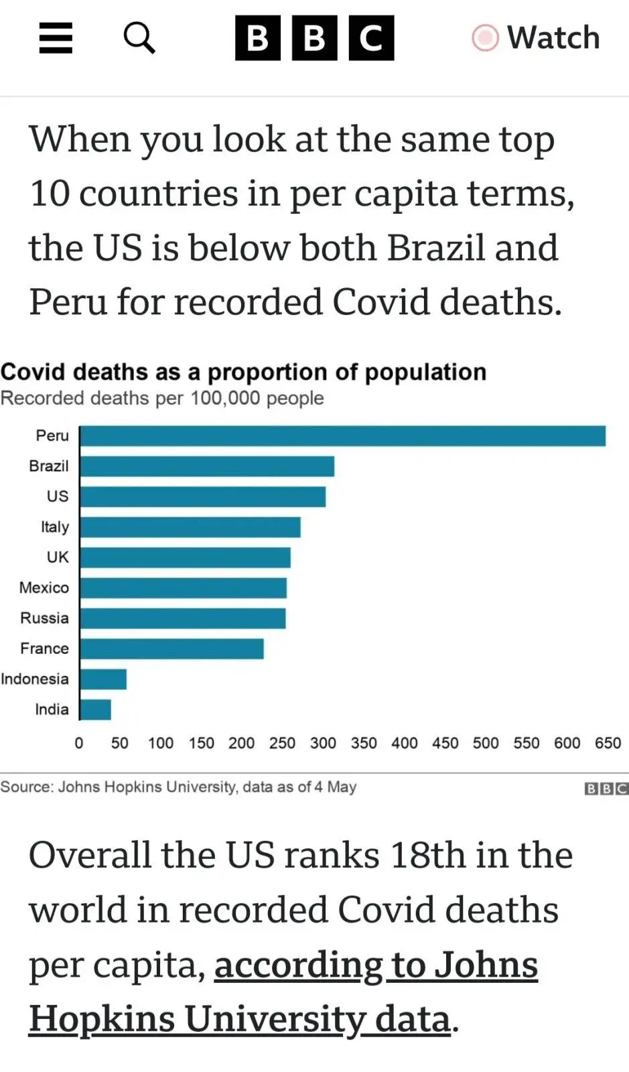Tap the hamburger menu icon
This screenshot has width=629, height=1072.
pyautogui.click(x=56, y=38)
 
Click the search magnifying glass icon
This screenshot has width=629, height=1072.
pyautogui.click(x=139, y=38)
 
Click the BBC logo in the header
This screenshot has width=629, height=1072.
pyautogui.click(x=314, y=38)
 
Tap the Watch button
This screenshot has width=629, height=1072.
pyautogui.click(x=536, y=38)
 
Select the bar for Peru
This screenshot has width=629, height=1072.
pyautogui.click(x=342, y=436)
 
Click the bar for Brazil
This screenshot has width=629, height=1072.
pyautogui.click(x=207, y=466)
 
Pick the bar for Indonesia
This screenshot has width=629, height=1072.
pyautogui.click(x=103, y=679)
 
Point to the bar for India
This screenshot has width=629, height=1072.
pyautogui.click(x=95, y=710)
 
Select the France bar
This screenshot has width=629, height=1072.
pyautogui.click(x=171, y=649)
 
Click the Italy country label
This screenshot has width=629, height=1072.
pyautogui.click(x=54, y=527)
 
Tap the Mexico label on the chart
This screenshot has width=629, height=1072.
pyautogui.click(x=44, y=588)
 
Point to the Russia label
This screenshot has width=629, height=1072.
pyautogui.click(x=44, y=618)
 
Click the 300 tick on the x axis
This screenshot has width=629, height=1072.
pyautogui.click(x=323, y=743)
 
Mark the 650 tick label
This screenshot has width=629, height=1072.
pyautogui.click(x=608, y=743)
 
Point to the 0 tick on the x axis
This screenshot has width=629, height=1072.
pyautogui.click(x=79, y=743)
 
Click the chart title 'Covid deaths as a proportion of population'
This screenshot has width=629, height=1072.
pyautogui.click(x=243, y=372)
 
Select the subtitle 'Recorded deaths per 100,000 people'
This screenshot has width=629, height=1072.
pyautogui.click(x=162, y=398)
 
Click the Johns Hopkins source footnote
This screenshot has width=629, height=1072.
pyautogui.click(x=178, y=787)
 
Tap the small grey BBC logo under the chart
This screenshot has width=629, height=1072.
pyautogui.click(x=606, y=789)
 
